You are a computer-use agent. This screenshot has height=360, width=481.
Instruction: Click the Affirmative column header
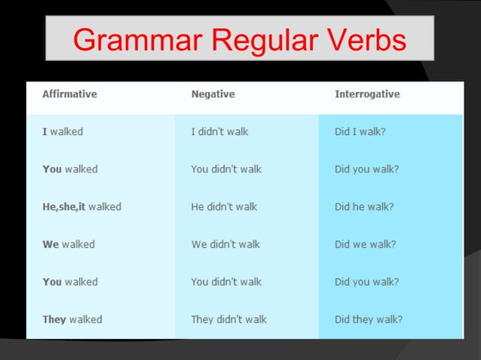[69, 94]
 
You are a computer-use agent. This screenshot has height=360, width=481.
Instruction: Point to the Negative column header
[213, 94]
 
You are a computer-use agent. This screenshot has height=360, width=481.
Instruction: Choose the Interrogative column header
[367, 94]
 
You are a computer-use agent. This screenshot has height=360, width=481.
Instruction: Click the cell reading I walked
[63, 131]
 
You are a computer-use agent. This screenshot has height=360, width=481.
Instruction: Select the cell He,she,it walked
[81, 206]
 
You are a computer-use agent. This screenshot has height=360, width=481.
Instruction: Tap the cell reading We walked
[69, 244]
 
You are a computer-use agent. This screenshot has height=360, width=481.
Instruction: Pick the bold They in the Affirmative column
[54, 319]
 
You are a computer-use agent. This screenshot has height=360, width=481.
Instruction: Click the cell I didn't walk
[219, 131]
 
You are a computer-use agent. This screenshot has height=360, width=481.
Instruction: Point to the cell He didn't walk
[224, 206]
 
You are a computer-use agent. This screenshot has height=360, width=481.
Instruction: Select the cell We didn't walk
[225, 244]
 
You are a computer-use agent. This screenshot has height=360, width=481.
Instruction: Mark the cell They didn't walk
[228, 319]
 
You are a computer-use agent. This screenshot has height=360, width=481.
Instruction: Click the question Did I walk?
[360, 131]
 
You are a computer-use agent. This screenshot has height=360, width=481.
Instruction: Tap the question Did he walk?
[364, 206]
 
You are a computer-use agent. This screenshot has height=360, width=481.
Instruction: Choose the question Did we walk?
[365, 244]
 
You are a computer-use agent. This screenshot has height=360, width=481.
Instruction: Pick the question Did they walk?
[369, 319]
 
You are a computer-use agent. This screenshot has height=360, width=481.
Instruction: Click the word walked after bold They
[86, 319]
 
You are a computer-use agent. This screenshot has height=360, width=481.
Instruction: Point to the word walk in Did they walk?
[389, 319]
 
